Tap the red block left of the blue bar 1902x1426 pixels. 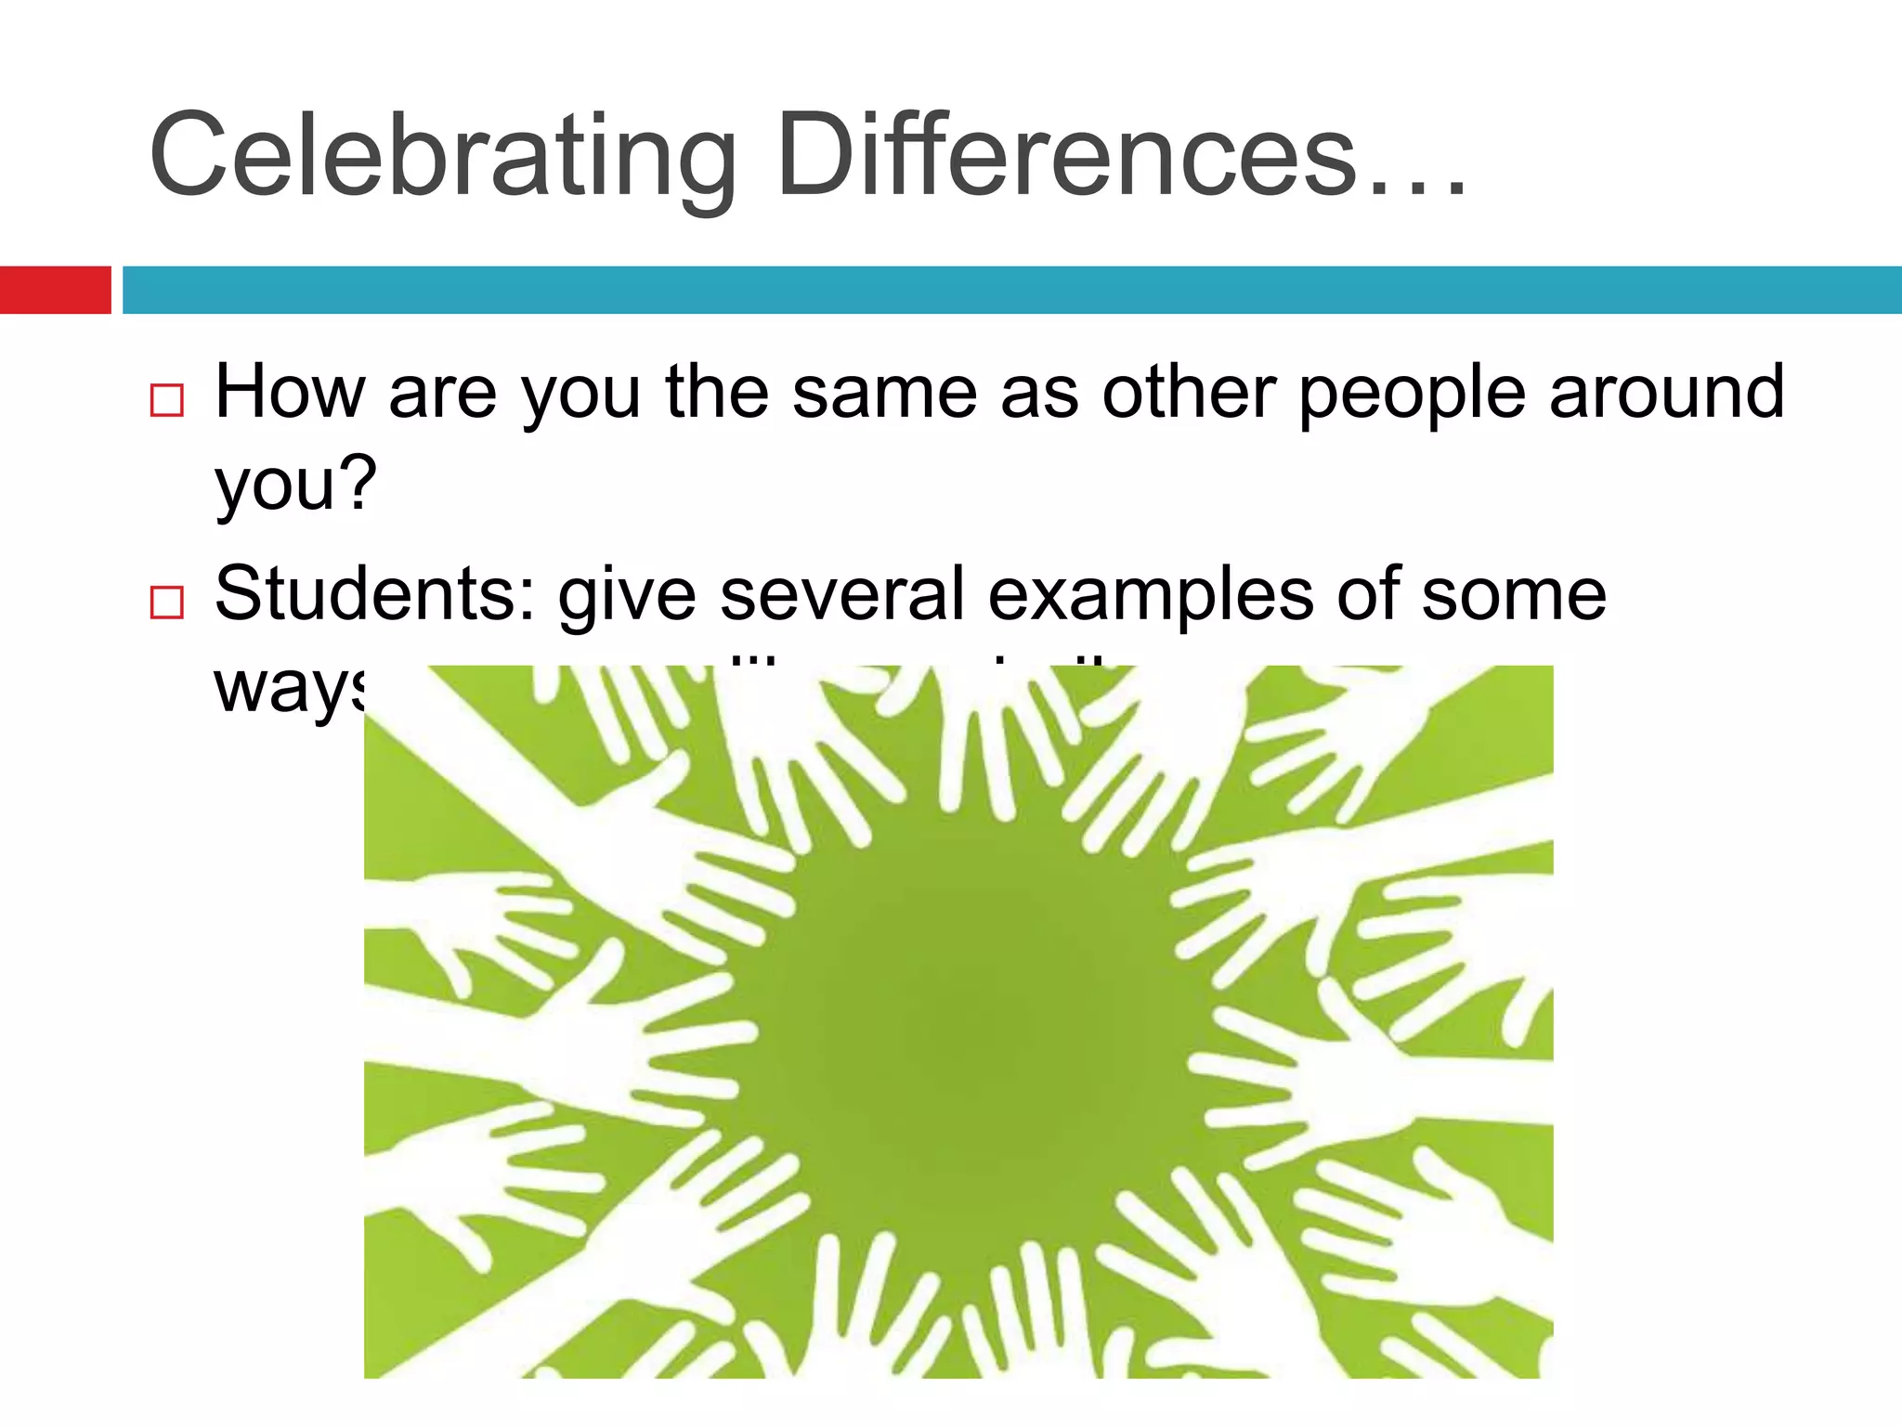point(55,290)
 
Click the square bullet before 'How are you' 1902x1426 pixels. point(167,401)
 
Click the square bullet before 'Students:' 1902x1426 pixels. point(167,603)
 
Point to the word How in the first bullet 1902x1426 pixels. point(290,392)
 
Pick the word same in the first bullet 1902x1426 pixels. point(884,392)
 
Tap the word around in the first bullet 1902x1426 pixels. point(1667,392)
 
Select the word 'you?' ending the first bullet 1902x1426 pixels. point(295,485)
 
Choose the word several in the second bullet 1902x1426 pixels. point(842,594)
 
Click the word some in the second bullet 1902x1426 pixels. point(1514,594)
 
